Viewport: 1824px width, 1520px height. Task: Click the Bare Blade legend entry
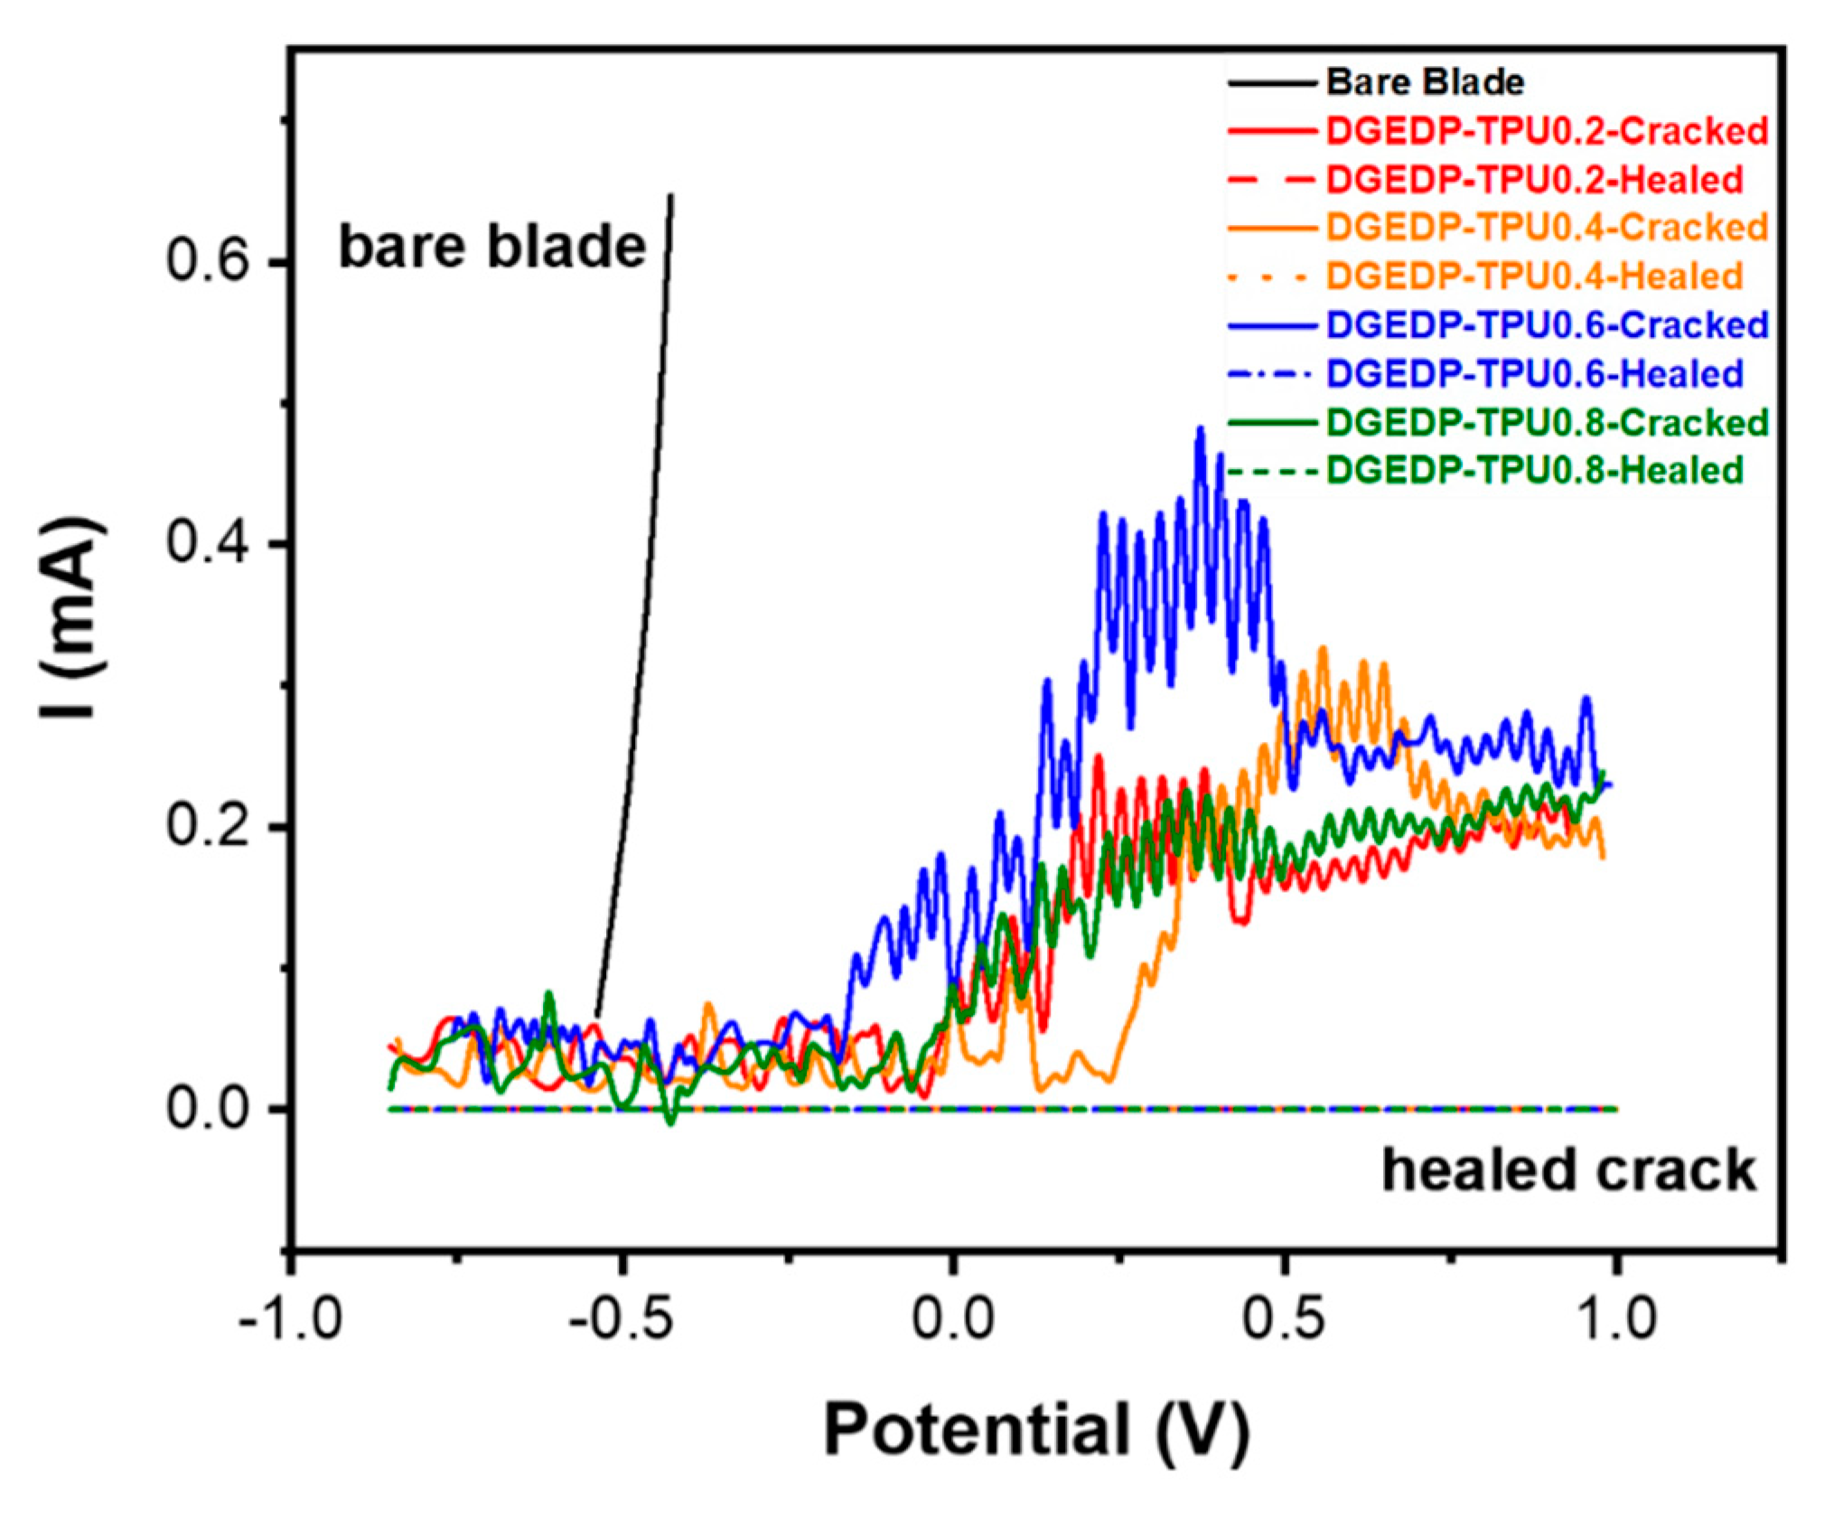tap(1424, 83)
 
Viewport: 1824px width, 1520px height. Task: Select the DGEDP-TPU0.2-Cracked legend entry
tap(1546, 132)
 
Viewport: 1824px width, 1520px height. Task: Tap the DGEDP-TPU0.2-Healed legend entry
tap(1533, 180)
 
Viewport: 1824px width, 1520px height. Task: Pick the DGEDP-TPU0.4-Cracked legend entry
tap(1546, 228)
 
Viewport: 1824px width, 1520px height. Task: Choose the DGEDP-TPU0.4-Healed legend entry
tap(1533, 277)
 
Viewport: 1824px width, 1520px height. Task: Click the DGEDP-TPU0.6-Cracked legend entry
tap(1546, 325)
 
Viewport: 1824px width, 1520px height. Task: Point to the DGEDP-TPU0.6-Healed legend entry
tap(1533, 374)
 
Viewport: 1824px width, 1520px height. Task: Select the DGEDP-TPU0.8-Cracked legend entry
tap(1546, 423)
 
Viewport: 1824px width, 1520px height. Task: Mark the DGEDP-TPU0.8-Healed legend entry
tap(1533, 471)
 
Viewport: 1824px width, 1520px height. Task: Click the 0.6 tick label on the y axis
tap(207, 262)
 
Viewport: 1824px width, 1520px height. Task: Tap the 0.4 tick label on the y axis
tap(207, 544)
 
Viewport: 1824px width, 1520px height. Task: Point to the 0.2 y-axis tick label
tap(207, 827)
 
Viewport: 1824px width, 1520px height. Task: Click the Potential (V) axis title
tap(1036, 1431)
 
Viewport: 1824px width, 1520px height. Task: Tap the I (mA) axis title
tap(72, 618)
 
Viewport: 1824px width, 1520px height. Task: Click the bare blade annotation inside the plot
tap(492, 247)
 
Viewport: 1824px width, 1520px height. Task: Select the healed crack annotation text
tap(1568, 1170)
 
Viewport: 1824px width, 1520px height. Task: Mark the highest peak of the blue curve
tap(1200, 430)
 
